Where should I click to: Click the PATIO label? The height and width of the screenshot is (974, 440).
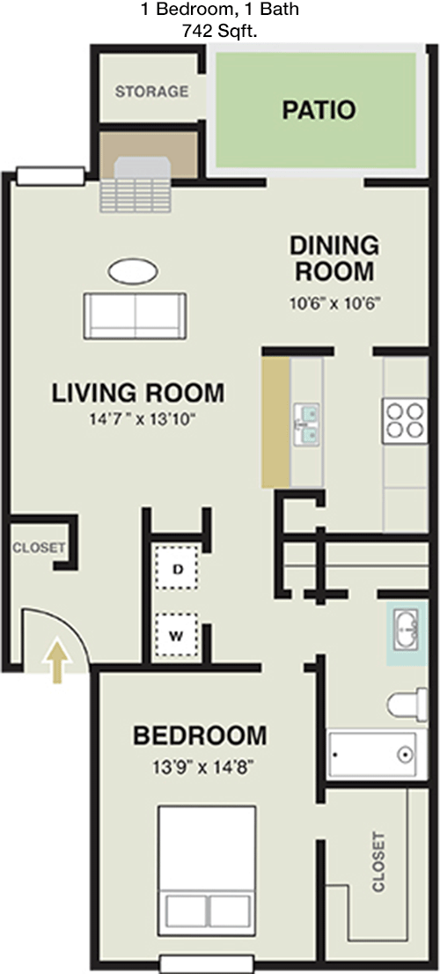coord(319,110)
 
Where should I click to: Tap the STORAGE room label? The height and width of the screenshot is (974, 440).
coord(151,92)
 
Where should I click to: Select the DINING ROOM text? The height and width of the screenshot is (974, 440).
coord(334,256)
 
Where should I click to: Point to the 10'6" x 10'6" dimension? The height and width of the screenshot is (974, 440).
coord(334,305)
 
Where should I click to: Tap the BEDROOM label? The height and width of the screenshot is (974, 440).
coord(200,734)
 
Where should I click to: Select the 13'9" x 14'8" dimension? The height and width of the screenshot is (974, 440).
coord(200,766)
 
